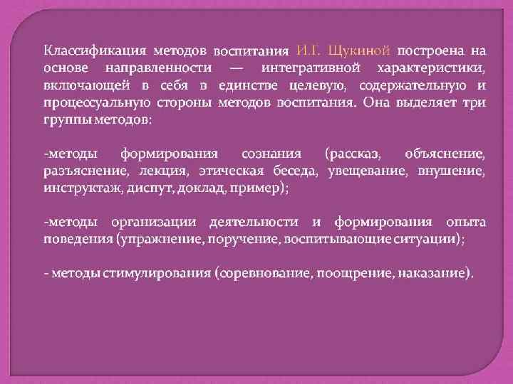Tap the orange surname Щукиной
tap(356, 50)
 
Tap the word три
tap(476, 102)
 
